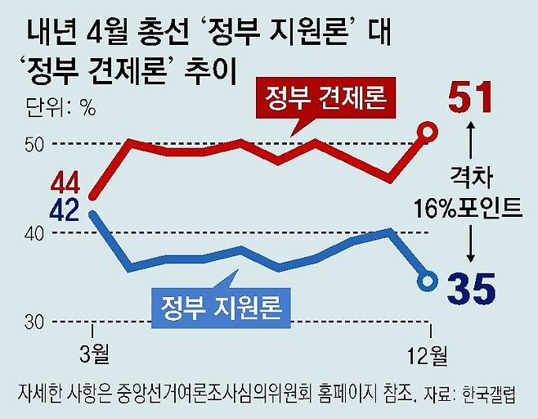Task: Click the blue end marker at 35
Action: pyautogui.click(x=428, y=282)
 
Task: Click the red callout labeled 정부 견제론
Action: pyautogui.click(x=324, y=99)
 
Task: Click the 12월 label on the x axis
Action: pyautogui.click(x=427, y=355)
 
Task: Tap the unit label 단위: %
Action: pyautogui.click(x=60, y=106)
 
